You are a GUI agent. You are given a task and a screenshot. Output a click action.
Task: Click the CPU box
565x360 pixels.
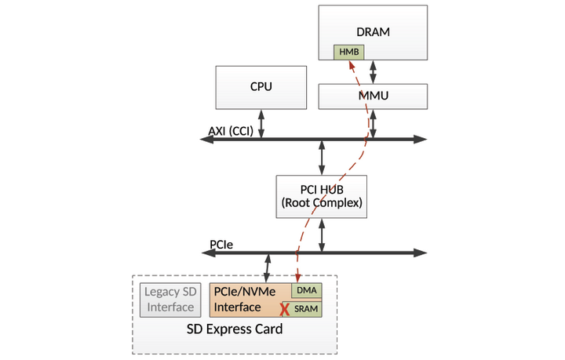coord(261,87)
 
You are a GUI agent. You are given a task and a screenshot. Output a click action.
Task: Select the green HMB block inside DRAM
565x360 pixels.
coord(348,52)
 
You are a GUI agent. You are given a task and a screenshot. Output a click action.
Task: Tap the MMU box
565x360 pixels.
coord(373,96)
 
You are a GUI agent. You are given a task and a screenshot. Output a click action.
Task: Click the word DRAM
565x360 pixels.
coord(373,32)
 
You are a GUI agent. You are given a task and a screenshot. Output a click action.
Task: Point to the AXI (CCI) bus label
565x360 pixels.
coord(231,131)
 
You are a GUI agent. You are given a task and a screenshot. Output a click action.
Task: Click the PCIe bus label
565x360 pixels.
coord(221,245)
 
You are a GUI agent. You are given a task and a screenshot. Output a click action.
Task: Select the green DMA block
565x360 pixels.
coord(306,290)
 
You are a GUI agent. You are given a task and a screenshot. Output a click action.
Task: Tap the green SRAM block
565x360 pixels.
coord(306,309)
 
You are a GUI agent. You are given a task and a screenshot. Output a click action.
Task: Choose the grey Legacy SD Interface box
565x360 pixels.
coord(169,300)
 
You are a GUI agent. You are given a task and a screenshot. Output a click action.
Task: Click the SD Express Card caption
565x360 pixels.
coord(234,329)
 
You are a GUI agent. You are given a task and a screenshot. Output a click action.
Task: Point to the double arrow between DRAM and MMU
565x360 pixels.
coord(373,71)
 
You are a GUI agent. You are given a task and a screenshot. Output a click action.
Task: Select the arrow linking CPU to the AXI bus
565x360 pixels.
coord(261,124)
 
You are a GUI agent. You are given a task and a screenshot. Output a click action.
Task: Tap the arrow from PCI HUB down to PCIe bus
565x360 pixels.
coord(322,235)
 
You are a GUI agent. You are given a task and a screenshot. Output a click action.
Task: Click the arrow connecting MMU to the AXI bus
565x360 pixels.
coord(373,124)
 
